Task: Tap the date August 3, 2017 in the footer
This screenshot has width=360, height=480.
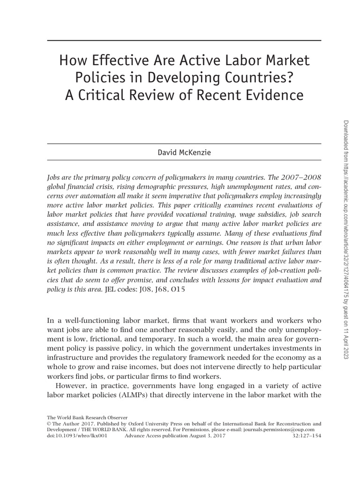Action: [x=207, y=435]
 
